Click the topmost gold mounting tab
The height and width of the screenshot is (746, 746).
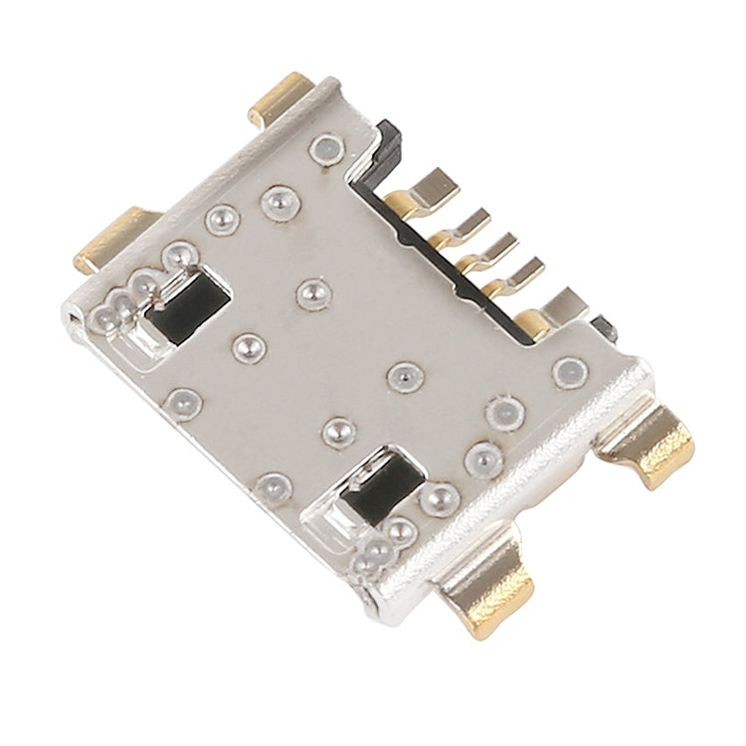279,97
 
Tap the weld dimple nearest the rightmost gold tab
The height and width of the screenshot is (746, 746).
571,372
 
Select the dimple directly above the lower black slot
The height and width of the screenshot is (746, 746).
339,431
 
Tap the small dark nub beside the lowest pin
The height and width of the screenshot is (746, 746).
602,329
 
